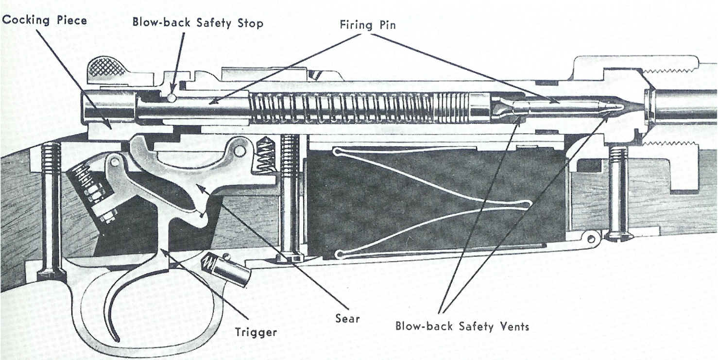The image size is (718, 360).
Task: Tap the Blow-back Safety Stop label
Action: (198, 22)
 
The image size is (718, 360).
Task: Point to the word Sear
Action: (348, 318)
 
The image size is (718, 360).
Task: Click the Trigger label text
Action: (256, 332)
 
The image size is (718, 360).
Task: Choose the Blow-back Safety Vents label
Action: (462, 326)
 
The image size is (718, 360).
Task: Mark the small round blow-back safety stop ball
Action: (171, 98)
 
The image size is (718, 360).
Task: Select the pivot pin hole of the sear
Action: (239, 151)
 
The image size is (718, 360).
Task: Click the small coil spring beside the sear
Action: (265, 154)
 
